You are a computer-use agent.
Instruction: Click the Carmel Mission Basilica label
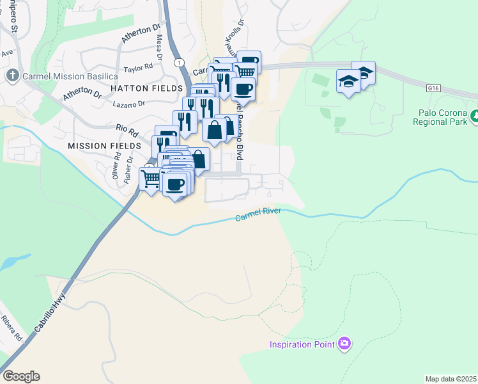(x=61, y=76)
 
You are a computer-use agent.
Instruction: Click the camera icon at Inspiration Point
(x=345, y=344)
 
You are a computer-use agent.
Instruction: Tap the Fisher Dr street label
(x=130, y=168)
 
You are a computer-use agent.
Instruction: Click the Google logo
(x=20, y=376)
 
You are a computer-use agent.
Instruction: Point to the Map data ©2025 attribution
(x=451, y=379)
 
